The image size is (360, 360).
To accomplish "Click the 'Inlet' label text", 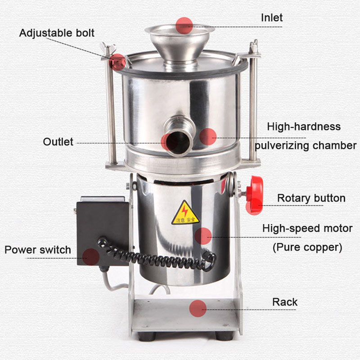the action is pos(272,18).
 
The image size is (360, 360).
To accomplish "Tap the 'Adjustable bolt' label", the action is pos(57,33).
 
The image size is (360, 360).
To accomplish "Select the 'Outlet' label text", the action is pos(58,142).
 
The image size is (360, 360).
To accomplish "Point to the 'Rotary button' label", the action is pos(311,198).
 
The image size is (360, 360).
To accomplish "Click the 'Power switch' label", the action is pos(38,250).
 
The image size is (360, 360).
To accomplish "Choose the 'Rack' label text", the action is pos(285,302).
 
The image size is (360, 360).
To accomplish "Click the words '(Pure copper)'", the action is pos(307,247).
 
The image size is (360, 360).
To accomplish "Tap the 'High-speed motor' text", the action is pos(307,229).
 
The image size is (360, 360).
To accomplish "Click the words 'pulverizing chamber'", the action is pos(306,146).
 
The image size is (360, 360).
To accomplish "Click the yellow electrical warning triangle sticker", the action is pos(185,213).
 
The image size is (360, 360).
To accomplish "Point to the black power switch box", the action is pos(103,231).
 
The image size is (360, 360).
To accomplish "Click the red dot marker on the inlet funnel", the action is pos(184,26).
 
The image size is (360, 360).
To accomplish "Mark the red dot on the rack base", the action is pos(198,308).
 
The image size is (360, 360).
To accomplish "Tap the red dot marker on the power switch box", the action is pos(91,257).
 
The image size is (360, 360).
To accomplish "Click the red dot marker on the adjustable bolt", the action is pos(117,62).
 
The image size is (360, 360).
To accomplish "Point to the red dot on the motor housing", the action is pos(203,236).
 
